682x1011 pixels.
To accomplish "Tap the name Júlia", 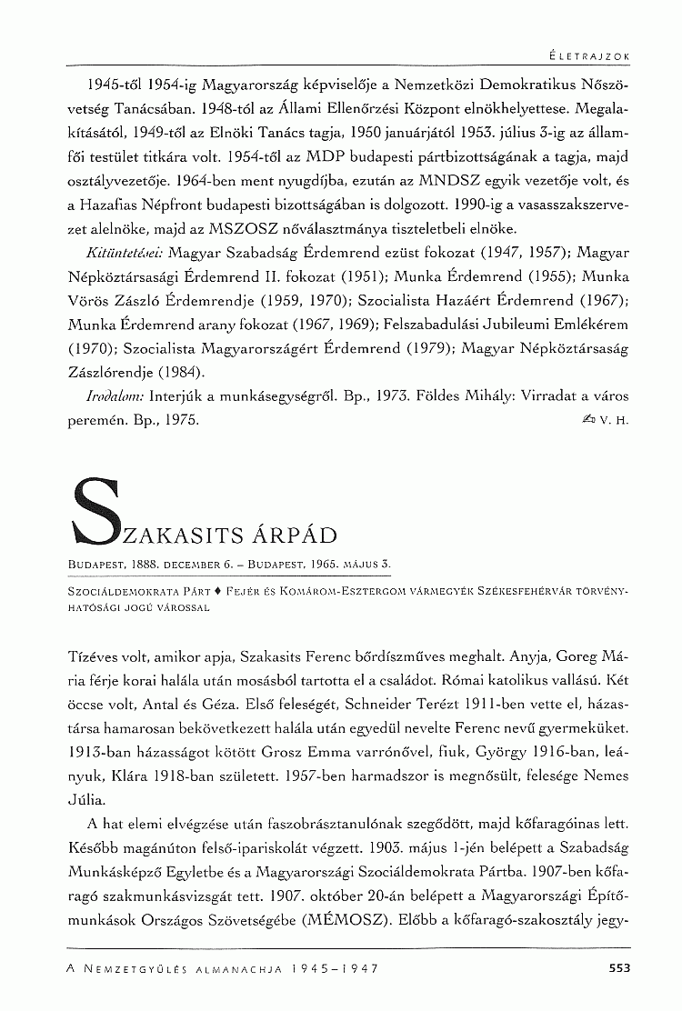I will pos(86,798).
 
